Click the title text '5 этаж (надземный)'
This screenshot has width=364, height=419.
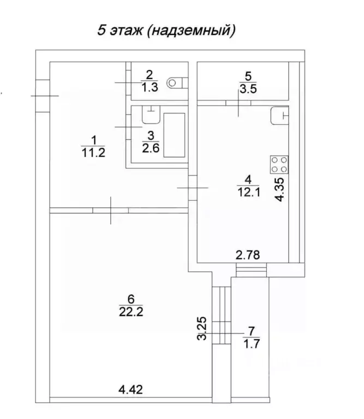(x=166, y=30)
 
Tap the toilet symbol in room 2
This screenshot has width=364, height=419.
(x=176, y=82)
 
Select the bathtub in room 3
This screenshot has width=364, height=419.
(x=175, y=136)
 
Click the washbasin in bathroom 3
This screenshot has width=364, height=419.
(x=150, y=114)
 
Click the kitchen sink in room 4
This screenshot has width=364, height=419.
(x=279, y=115)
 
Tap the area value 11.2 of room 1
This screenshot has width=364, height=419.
(x=92, y=153)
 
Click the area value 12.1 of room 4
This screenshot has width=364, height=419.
(x=248, y=192)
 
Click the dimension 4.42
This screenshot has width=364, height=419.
(x=131, y=389)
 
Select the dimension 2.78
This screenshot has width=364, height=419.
(x=247, y=254)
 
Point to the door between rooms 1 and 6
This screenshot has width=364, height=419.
(x=110, y=209)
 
